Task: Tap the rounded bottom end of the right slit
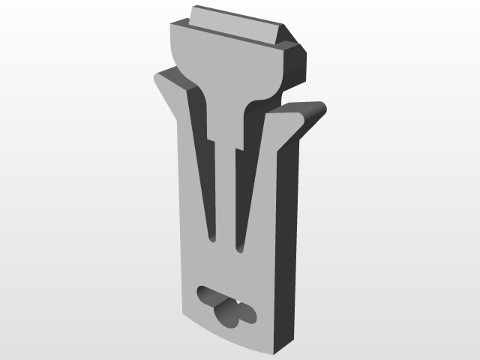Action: point(240,247)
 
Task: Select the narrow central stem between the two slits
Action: point(227,195)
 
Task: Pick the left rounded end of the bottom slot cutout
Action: point(202,294)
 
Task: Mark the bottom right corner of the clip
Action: point(278,353)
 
